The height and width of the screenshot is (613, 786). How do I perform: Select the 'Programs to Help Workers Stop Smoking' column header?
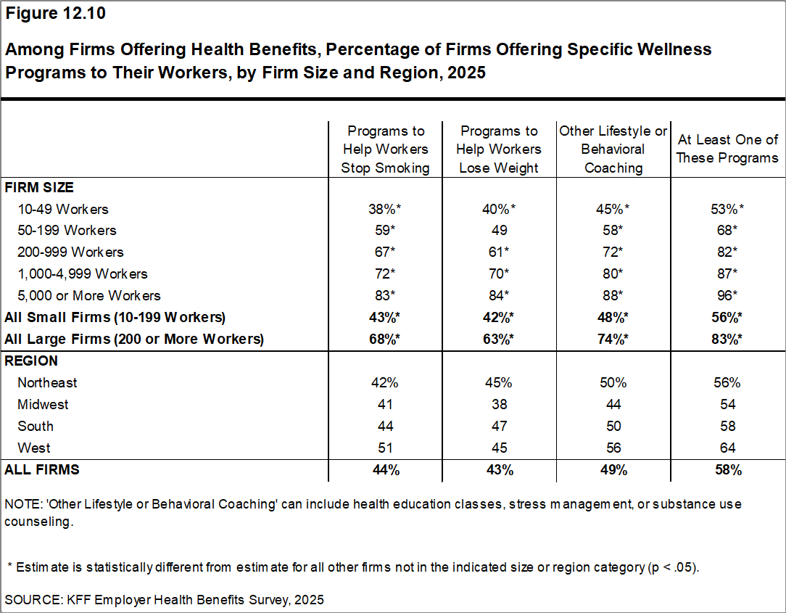click(x=386, y=149)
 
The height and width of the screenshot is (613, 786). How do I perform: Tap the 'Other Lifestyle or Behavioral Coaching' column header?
click(x=613, y=149)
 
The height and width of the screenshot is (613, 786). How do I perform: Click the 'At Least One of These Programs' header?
click(x=727, y=149)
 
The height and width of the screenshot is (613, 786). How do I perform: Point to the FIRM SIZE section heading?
click(x=39, y=187)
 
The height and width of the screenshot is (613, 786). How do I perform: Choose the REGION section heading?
click(x=31, y=361)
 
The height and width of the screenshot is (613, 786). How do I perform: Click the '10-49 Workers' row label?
click(x=63, y=209)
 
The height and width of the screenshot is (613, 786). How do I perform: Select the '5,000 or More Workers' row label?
click(x=89, y=295)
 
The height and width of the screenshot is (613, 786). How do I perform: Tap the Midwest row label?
click(x=43, y=404)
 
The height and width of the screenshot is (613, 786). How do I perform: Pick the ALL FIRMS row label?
click(x=42, y=469)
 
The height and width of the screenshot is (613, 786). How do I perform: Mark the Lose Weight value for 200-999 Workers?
click(x=499, y=252)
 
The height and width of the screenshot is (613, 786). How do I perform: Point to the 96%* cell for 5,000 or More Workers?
click(x=727, y=295)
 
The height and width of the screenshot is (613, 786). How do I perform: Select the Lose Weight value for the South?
click(x=499, y=426)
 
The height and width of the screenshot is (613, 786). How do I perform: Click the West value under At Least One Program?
click(x=727, y=448)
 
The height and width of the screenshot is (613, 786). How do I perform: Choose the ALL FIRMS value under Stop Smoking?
click(x=386, y=469)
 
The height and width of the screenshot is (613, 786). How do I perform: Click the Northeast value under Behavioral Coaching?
click(x=613, y=382)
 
